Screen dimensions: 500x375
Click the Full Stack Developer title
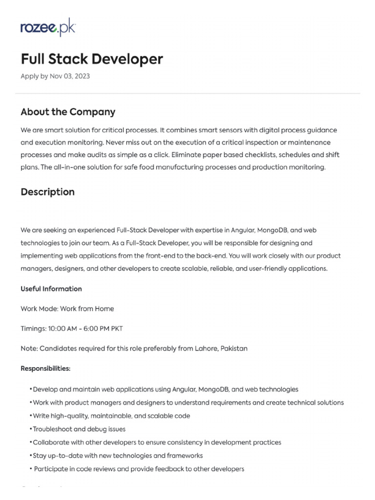[x=91, y=59]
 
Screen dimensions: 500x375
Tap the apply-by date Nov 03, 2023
[x=70, y=76]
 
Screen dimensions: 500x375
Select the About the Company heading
[x=68, y=112]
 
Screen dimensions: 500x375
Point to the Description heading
[x=47, y=192]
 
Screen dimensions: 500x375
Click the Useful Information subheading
[x=51, y=289]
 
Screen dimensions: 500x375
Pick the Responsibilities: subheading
[x=45, y=368]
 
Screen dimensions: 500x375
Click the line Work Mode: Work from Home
[x=67, y=309]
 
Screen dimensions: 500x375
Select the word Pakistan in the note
[x=234, y=349]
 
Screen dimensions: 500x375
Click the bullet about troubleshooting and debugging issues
[x=79, y=429]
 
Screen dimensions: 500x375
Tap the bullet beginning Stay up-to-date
[x=117, y=456]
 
